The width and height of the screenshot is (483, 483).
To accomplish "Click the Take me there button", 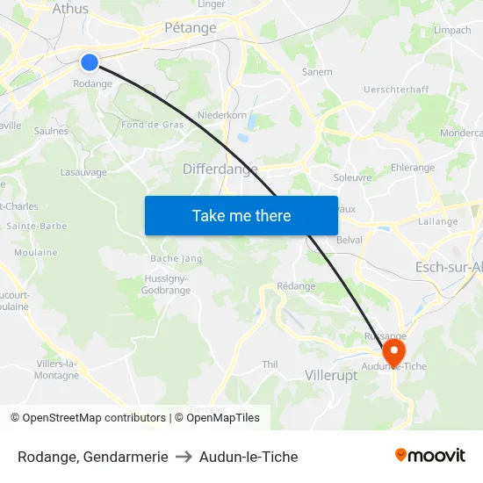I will (241, 215).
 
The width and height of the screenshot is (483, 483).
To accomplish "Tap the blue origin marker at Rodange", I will (90, 61).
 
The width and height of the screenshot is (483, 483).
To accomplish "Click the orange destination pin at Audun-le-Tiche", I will (393, 351).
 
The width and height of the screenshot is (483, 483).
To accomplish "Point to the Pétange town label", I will (191, 28).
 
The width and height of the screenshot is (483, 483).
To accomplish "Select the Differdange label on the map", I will (220, 169).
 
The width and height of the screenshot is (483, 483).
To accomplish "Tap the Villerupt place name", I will (331, 375).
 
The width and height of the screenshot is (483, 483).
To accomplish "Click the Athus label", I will (70, 9).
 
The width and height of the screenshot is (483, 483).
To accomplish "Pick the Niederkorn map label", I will (221, 114).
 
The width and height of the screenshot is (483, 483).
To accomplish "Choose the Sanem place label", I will (317, 72).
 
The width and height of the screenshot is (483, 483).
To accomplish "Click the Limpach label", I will (452, 30).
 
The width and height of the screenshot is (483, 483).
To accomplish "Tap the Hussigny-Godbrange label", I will (166, 284).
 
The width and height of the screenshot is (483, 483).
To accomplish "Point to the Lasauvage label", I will (83, 172).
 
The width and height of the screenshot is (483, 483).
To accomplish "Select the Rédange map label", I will (296, 286).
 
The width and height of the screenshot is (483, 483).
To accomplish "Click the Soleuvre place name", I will (353, 177).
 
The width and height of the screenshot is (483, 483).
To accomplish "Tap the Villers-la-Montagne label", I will (57, 370).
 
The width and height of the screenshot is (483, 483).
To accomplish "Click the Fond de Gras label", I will (153, 124).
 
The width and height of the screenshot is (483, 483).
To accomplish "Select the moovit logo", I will (430, 456).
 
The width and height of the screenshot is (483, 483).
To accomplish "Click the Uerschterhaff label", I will (396, 90).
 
